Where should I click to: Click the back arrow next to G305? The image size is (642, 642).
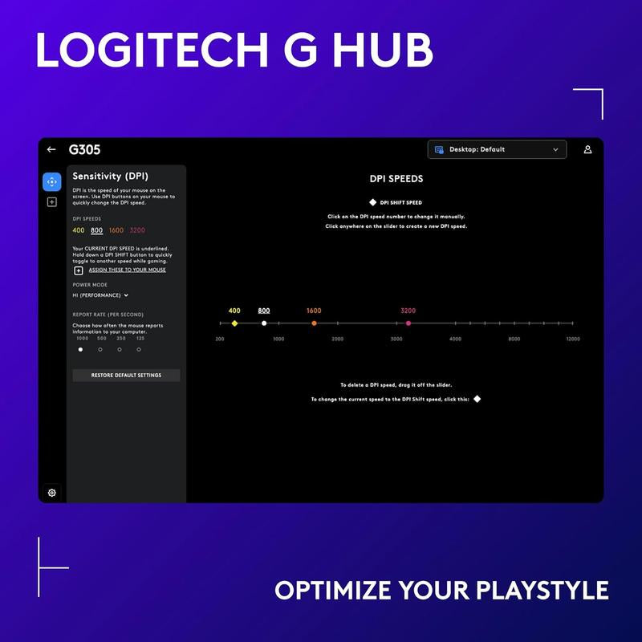[51, 149]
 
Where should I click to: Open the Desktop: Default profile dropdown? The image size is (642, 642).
[497, 149]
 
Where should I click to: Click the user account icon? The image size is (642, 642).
[587, 149]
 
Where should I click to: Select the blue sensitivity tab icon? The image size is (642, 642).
[51, 181]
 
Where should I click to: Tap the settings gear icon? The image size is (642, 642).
[51, 493]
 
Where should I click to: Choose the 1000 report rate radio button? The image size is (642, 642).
[80, 349]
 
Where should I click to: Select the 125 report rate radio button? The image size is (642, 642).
[140, 349]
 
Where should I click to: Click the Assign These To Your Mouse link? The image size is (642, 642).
[127, 270]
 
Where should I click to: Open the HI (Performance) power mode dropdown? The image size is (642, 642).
[100, 295]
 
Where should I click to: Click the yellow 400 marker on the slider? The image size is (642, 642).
[234, 323]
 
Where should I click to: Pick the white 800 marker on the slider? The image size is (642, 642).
[264, 323]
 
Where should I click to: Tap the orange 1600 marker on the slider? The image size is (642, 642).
[314, 323]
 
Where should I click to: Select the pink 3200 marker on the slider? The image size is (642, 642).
[408, 323]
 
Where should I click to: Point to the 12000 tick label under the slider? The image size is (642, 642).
[572, 339]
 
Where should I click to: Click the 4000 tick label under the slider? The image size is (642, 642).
[455, 339]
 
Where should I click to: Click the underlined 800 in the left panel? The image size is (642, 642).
[97, 230]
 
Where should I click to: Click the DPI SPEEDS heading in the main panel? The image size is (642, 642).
[396, 179]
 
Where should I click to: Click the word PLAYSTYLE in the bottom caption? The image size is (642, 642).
[542, 591]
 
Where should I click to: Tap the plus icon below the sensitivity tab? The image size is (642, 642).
[51, 202]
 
